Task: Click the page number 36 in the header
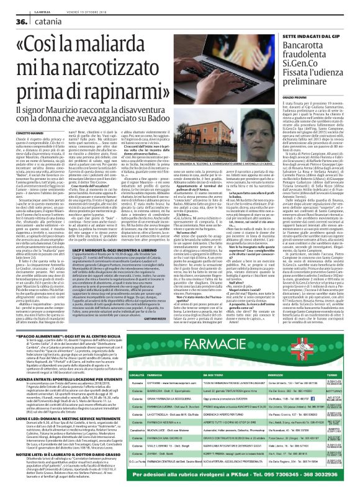(x=13, y=20)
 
